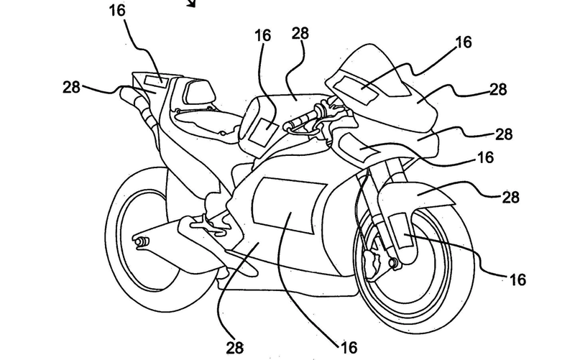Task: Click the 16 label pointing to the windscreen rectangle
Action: (x=463, y=43)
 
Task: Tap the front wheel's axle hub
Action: (x=393, y=265)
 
